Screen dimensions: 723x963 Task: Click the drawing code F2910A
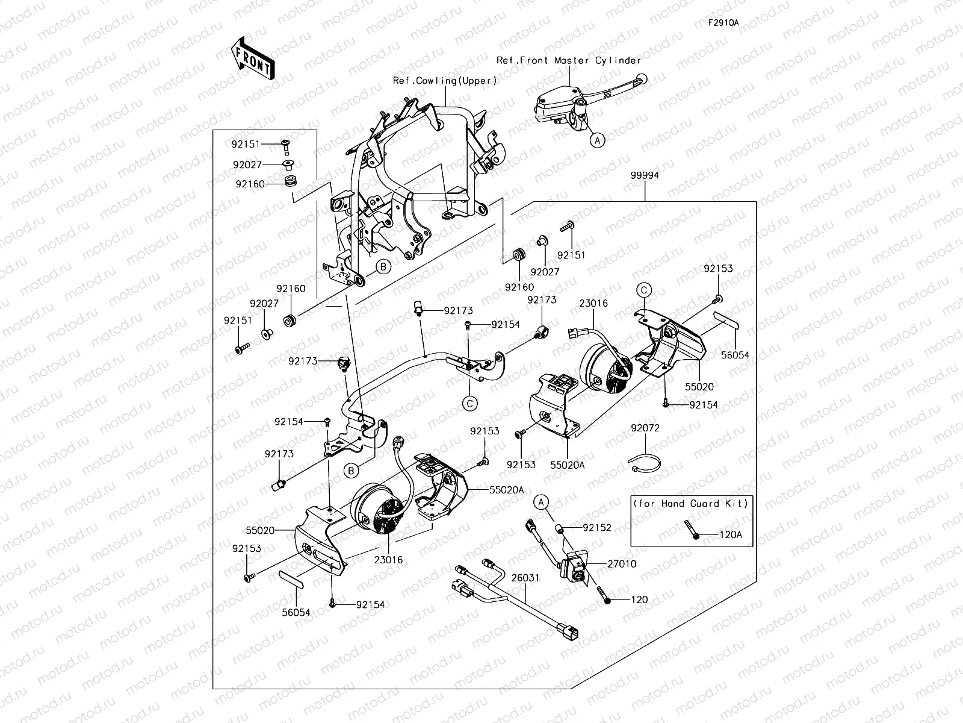[x=723, y=23]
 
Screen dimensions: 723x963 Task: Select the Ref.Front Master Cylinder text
[x=568, y=60]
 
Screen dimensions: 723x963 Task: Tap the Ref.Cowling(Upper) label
[x=445, y=80]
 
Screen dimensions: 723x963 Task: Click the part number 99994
[x=645, y=176]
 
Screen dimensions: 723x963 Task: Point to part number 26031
[x=525, y=577]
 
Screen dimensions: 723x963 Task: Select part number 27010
[x=622, y=564]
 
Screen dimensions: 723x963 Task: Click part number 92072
[x=645, y=429]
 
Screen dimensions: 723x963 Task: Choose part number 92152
[x=597, y=528]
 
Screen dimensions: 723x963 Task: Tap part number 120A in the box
[x=731, y=534]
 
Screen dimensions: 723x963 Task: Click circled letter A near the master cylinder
[x=596, y=140]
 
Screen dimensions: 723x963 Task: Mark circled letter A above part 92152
[x=541, y=501]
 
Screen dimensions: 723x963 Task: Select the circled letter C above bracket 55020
[x=643, y=290]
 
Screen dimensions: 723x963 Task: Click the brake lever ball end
[x=642, y=78]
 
